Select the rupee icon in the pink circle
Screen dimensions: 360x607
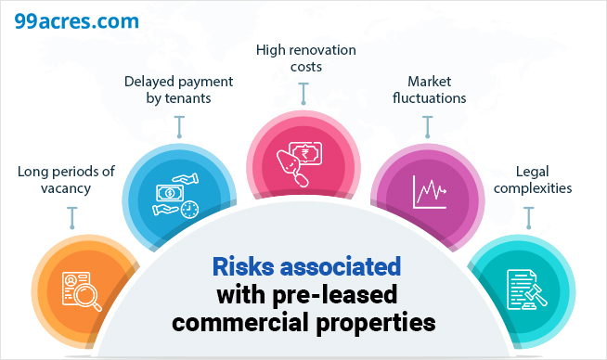303,160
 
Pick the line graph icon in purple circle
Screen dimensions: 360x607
429,194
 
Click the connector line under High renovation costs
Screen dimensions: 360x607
303,93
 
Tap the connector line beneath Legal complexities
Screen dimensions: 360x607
528,217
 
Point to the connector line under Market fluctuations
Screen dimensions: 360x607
428,127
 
